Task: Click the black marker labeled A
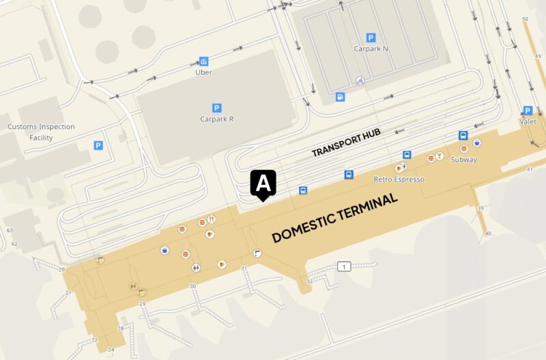pyautogui.click(x=263, y=184)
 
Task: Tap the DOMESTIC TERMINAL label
pyautogui.click(x=335, y=218)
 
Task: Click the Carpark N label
pyautogui.click(x=371, y=49)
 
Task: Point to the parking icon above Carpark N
pyautogui.click(x=371, y=38)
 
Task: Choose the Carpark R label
pyautogui.click(x=217, y=119)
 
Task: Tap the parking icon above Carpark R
pyautogui.click(x=217, y=107)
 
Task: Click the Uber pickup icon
pyautogui.click(x=203, y=61)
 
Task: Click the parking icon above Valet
pyautogui.click(x=527, y=111)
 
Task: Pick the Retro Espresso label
pyautogui.click(x=399, y=179)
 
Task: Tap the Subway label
pyautogui.click(x=463, y=160)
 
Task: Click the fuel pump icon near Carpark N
pyautogui.click(x=340, y=96)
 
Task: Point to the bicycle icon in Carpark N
pyautogui.click(x=360, y=81)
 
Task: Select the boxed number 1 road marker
pyautogui.click(x=344, y=266)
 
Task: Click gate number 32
pyautogui.click(x=310, y=281)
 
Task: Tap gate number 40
pyautogui.click(x=488, y=234)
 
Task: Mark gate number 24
pyautogui.click(x=111, y=350)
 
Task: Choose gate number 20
pyautogui.click(x=61, y=270)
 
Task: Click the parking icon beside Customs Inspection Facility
pyautogui.click(x=98, y=146)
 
